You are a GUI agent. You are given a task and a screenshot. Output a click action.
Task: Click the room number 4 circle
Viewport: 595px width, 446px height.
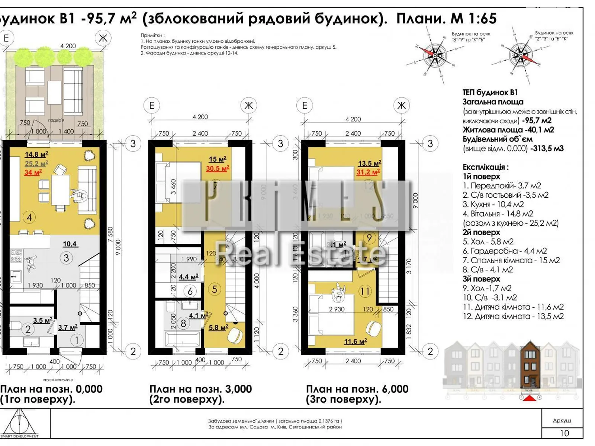click(29, 217)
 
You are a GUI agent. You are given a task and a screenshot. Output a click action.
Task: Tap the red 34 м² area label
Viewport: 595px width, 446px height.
click(33, 172)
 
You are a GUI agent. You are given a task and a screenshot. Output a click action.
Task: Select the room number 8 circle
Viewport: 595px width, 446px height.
click(183, 323)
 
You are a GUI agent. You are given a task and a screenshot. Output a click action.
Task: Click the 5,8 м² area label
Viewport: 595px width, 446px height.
click(218, 327)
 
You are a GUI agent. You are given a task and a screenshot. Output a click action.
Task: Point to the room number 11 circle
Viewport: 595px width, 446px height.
click(365, 291)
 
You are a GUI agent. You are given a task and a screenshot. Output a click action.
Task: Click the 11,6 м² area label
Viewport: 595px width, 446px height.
click(355, 341)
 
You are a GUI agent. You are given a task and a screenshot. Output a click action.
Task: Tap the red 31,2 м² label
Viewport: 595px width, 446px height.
click(368, 172)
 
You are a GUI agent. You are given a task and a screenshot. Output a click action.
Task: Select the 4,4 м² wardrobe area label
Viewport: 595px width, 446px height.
click(188, 277)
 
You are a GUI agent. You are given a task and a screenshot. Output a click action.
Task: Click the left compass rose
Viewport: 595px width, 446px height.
click(435, 56)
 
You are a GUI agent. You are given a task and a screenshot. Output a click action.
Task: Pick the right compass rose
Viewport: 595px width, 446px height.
click(520, 55)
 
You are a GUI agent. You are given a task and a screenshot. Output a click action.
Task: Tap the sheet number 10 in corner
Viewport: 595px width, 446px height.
click(564, 433)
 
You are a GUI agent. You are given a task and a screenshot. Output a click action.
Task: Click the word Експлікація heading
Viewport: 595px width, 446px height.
click(485, 167)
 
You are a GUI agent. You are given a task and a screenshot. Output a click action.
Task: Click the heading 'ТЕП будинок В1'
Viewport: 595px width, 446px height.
click(490, 93)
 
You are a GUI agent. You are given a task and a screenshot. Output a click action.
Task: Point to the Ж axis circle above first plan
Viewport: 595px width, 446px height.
click(103, 38)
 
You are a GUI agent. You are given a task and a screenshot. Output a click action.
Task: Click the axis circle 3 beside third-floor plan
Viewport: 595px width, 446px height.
click(430, 143)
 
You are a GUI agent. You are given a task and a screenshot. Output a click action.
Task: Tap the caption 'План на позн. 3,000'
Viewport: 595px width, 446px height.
click(200, 389)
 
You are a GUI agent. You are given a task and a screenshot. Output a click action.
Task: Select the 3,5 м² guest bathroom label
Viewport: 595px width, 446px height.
click(42, 320)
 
